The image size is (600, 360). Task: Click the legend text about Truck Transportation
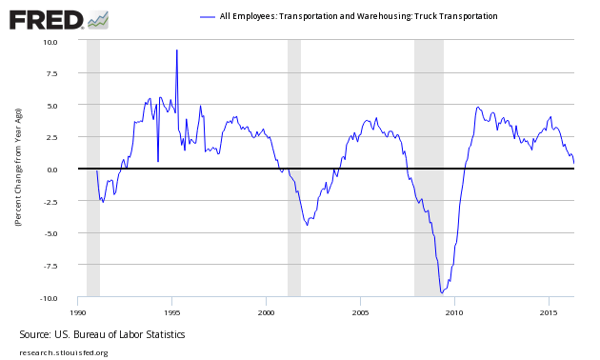(358, 16)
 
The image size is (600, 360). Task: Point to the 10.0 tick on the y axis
(50, 42)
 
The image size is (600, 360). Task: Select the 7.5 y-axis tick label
(52, 73)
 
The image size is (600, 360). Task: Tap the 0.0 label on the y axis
(52, 170)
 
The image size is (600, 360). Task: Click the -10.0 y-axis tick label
(49, 298)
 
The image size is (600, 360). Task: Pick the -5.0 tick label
(50, 233)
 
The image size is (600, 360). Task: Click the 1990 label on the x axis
(78, 311)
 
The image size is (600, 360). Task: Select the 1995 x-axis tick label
(171, 311)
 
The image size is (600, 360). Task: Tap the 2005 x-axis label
(360, 311)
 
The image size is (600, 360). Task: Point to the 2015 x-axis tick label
(549, 311)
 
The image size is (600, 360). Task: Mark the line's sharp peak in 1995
(176, 50)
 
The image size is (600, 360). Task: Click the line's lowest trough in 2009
(441, 292)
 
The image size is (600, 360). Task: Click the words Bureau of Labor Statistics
(132, 335)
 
